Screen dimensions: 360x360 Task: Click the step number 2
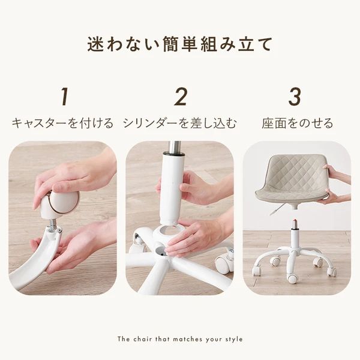(x=181, y=97)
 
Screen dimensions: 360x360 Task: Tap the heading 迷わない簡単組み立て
(x=180, y=45)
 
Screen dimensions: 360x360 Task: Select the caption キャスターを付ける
(x=62, y=124)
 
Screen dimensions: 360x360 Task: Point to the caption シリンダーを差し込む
(x=180, y=124)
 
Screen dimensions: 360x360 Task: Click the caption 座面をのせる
(x=297, y=124)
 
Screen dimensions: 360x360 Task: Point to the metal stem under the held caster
(x=53, y=226)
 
